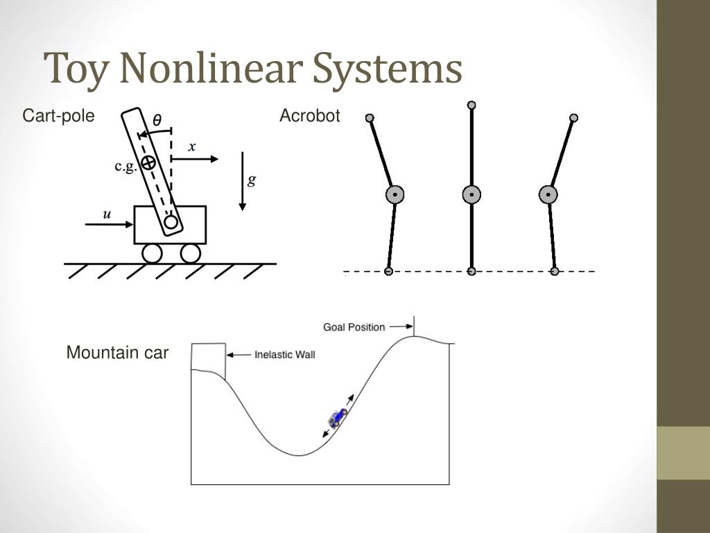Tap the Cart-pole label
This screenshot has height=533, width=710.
[x=58, y=116]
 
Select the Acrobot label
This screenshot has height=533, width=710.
[x=309, y=116]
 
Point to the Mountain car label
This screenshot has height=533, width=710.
[x=117, y=353]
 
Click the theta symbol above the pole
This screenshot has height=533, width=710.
[x=157, y=121]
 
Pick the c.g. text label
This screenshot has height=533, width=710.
[x=125, y=167]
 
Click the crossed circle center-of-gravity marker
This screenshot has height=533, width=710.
[x=147, y=163]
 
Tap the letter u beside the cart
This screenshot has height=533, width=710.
[x=107, y=214]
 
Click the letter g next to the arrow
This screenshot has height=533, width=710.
[x=252, y=180]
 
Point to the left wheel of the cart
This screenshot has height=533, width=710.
[x=152, y=254]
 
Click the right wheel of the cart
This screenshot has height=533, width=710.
[x=190, y=254]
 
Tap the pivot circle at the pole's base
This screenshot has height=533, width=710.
[x=171, y=223]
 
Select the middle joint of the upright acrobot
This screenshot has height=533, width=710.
[x=471, y=195]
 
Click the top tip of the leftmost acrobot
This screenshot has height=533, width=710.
[x=370, y=118]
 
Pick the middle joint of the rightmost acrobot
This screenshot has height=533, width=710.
[x=548, y=195]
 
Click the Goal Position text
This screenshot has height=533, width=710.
[x=354, y=327]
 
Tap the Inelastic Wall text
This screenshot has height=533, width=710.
[x=285, y=355]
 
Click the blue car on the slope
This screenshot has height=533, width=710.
[x=338, y=418]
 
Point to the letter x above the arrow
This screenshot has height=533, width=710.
[x=192, y=147]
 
